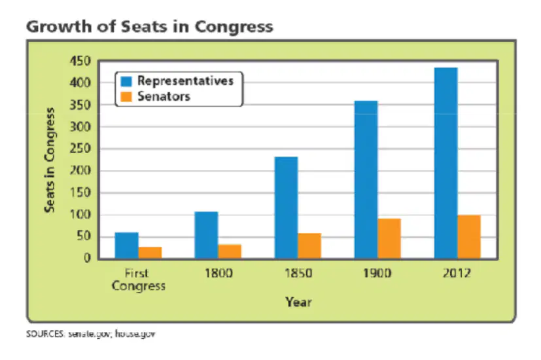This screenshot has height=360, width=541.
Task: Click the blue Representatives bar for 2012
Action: [445, 163]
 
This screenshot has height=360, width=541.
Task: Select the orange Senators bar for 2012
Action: [469, 237]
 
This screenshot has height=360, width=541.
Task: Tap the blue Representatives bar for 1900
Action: [366, 179]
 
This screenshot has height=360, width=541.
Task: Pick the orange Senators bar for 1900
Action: [389, 238]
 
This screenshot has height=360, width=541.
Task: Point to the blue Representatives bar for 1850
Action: [287, 207]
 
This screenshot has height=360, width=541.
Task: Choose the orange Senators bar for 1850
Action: [309, 246]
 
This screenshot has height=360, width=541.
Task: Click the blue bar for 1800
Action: [206, 235]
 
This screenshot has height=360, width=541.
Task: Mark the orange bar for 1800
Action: [230, 251]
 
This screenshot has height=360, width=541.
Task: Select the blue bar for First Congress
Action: [127, 245]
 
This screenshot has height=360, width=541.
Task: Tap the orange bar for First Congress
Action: [150, 253]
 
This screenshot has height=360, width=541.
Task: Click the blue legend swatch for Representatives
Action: [127, 81]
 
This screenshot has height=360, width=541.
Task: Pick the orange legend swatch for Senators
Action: [127, 97]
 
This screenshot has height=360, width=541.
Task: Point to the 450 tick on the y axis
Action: [80, 61]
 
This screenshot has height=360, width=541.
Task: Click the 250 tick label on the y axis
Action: [80, 149]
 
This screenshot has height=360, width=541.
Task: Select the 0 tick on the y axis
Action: [87, 258]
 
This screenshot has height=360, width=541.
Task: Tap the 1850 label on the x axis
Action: [298, 274]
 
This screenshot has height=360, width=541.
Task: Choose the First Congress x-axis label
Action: [138, 280]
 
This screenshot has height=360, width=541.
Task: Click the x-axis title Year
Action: [298, 302]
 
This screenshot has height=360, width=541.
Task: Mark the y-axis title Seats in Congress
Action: [50, 160]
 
